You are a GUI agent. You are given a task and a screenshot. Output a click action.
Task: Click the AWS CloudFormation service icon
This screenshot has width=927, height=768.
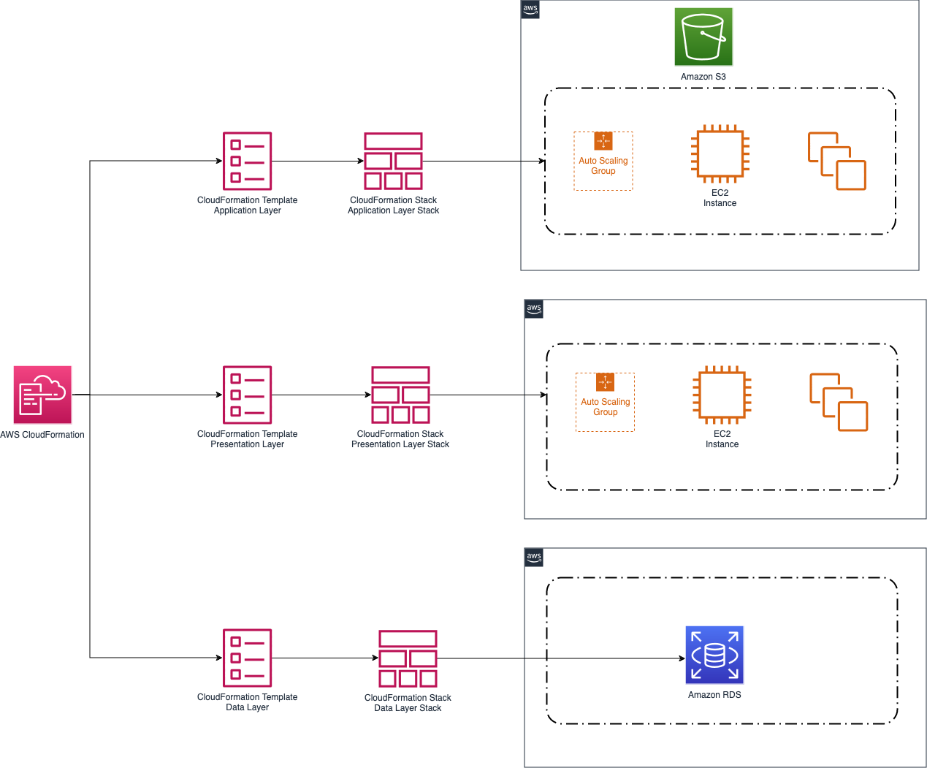tap(42, 395)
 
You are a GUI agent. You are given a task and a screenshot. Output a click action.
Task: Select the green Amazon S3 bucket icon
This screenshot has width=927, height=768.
tap(703, 37)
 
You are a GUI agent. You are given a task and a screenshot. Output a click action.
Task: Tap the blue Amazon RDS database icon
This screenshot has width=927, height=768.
tap(714, 655)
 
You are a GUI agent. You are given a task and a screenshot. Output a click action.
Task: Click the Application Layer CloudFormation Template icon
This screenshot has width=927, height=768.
tap(247, 161)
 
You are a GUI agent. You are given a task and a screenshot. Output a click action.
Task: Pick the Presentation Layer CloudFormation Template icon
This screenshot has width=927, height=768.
tap(247, 395)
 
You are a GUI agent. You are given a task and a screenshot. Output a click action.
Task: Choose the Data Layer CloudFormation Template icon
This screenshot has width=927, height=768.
tap(247, 658)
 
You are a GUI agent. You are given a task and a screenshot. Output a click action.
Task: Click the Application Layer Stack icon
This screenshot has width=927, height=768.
tap(393, 161)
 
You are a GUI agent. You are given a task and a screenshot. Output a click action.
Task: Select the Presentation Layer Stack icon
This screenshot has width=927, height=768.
tap(400, 395)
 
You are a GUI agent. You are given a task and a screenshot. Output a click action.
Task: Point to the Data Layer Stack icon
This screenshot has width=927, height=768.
tap(408, 658)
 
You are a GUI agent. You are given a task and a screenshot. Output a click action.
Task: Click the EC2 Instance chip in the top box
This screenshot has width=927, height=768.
tap(720, 153)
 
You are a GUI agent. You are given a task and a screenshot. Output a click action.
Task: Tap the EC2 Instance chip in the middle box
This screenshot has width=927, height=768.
tap(722, 395)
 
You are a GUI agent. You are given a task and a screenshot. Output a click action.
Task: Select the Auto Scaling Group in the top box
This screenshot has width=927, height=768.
tap(603, 161)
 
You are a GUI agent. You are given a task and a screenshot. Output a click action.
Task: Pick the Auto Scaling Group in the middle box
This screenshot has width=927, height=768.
tap(605, 403)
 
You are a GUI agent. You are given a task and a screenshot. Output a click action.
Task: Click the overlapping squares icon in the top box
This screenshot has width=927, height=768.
tap(836, 161)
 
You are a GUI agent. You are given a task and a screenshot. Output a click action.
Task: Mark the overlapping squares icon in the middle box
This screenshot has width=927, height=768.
tap(839, 402)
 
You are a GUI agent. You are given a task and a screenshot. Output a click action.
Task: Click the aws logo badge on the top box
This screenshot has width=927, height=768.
tap(530, 9)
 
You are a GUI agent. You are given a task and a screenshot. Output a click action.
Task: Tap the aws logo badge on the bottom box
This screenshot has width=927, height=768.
tap(534, 558)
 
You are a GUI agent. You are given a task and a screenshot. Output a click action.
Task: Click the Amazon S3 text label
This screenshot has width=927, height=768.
tap(703, 77)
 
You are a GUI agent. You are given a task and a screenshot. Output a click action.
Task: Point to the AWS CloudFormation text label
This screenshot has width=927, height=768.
tap(42, 435)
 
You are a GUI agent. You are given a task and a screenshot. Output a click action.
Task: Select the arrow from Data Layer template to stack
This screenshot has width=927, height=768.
tap(324, 658)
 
